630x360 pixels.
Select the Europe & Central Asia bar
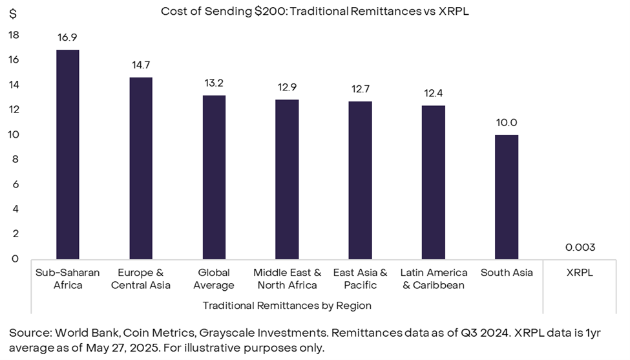(141, 168)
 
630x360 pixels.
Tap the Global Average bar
(214, 177)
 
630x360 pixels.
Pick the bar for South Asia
(507, 196)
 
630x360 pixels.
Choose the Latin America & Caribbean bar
(434, 182)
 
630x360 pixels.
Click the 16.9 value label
(68, 37)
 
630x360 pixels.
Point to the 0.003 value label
(580, 248)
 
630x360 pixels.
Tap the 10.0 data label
(507, 123)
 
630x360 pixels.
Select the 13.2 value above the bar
(214, 83)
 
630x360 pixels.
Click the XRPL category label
(580, 273)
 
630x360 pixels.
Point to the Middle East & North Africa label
(287, 279)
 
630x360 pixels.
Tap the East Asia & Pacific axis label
(360, 279)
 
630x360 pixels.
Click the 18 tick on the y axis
(14, 35)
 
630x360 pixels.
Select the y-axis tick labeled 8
(15, 160)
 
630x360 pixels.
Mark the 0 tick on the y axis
(15, 259)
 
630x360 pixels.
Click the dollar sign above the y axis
(13, 14)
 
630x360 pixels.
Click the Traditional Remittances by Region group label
(287, 305)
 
